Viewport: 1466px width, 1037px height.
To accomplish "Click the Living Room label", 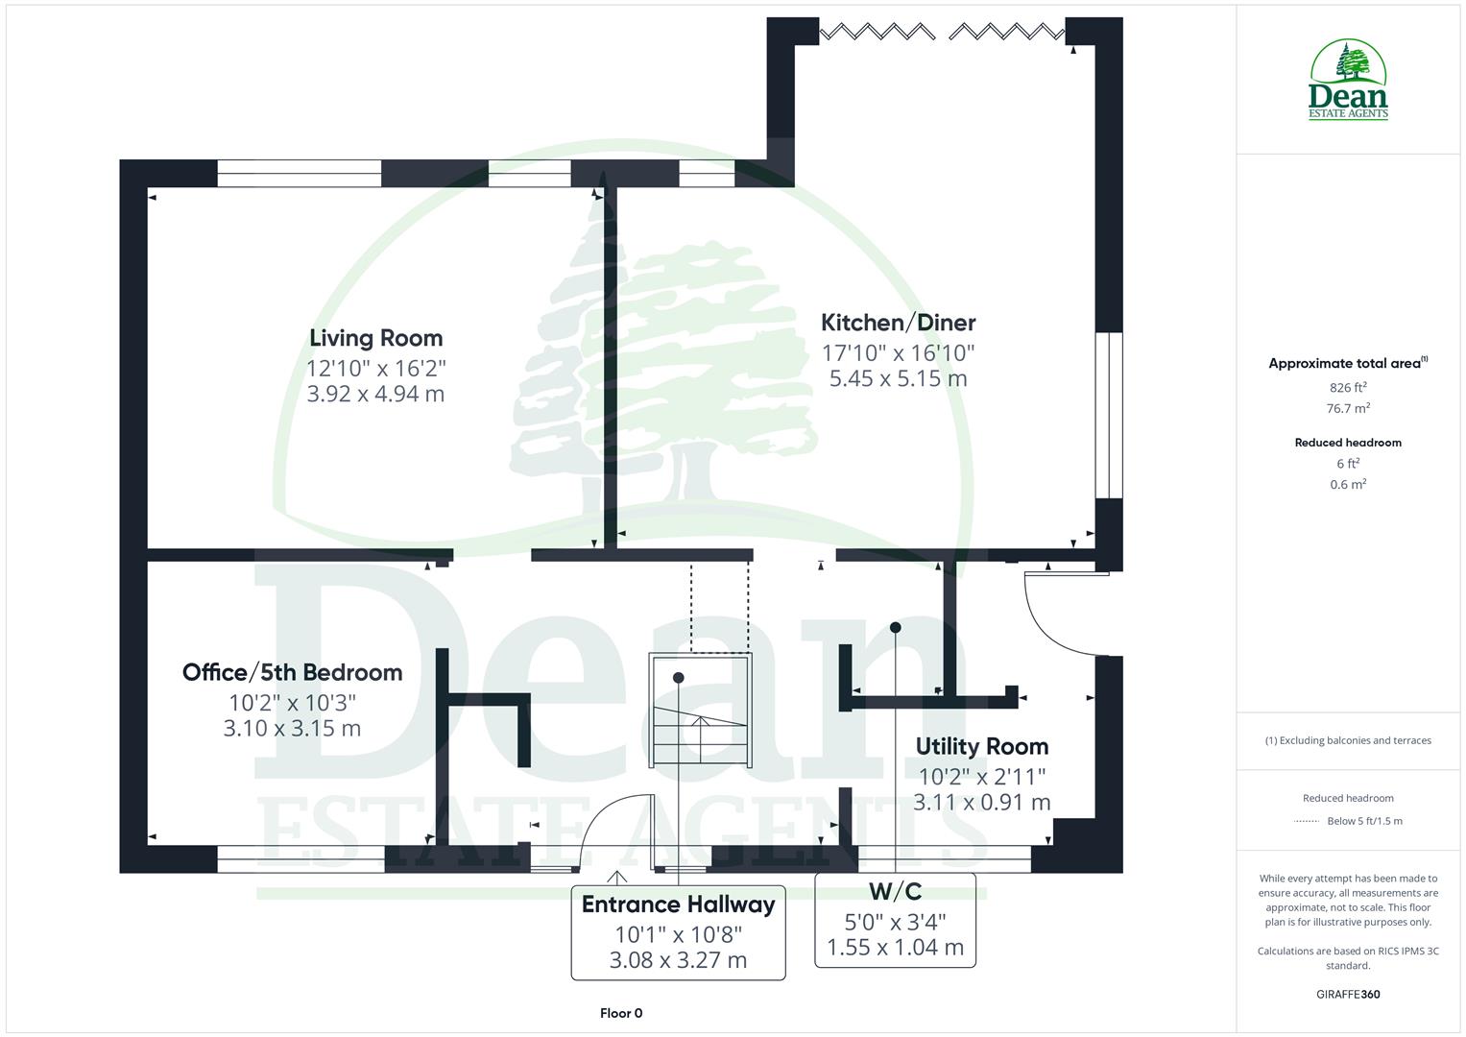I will click(375, 338).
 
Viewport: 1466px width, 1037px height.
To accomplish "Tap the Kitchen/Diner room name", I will click(898, 323).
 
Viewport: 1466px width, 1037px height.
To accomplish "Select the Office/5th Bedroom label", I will click(292, 672).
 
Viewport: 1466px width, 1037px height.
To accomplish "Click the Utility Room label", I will click(981, 746).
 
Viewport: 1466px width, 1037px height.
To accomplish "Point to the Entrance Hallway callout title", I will click(678, 904).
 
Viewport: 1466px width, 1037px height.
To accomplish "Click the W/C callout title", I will click(895, 892).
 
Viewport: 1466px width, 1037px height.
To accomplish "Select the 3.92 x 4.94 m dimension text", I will click(375, 394).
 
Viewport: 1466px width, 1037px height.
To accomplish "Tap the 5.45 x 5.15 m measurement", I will click(898, 378).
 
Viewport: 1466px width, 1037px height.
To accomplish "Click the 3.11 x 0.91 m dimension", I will click(981, 802).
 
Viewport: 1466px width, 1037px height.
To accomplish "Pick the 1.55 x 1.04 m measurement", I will click(895, 948).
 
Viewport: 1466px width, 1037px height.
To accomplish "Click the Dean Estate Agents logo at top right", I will click(1348, 81).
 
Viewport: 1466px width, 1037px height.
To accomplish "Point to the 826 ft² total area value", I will click(1348, 388).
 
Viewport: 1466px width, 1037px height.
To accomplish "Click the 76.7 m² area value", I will click(1348, 408).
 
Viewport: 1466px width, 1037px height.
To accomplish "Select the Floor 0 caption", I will click(621, 1013).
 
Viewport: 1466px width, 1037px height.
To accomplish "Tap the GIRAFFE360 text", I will click(1348, 994).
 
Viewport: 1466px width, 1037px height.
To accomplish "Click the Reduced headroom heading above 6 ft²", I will click(1348, 443).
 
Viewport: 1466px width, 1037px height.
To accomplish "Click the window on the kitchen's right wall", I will click(1108, 415).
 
